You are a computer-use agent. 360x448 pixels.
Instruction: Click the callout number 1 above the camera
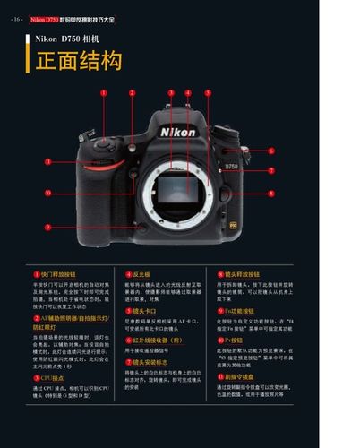point(103,91)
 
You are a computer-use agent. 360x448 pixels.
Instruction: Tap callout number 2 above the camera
point(132,91)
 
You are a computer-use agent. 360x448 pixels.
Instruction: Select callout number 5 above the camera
point(203,92)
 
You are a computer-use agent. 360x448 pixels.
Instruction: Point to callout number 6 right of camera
point(270,151)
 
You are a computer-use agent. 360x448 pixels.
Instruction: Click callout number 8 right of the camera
point(270,192)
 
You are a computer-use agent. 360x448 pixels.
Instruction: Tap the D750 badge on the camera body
point(231,167)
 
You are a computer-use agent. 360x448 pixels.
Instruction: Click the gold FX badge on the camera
point(232,225)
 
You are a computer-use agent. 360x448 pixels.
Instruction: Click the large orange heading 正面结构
point(78,61)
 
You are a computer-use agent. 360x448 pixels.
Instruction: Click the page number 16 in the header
point(17,18)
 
